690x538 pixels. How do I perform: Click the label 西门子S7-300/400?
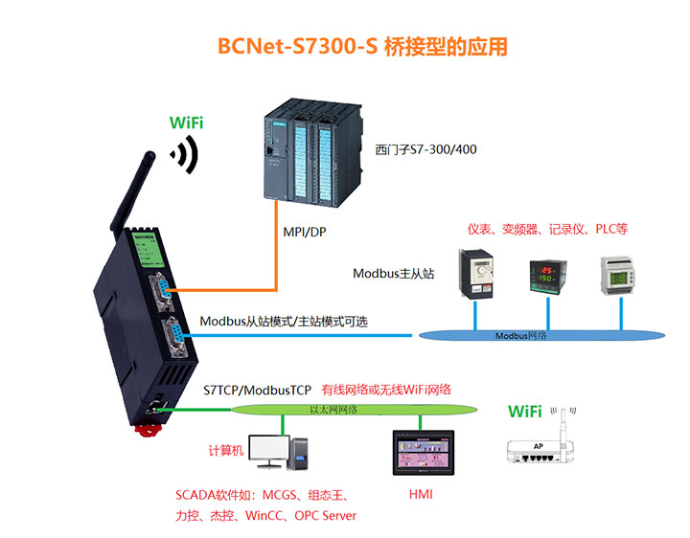tap(425, 150)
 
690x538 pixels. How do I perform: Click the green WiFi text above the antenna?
tap(186, 123)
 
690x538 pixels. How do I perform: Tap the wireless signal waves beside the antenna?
tap(183, 154)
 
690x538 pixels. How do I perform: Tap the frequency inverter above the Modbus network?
tap(477, 276)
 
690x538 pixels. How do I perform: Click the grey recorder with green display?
tap(617, 275)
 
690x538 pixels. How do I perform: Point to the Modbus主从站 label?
tap(394, 274)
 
